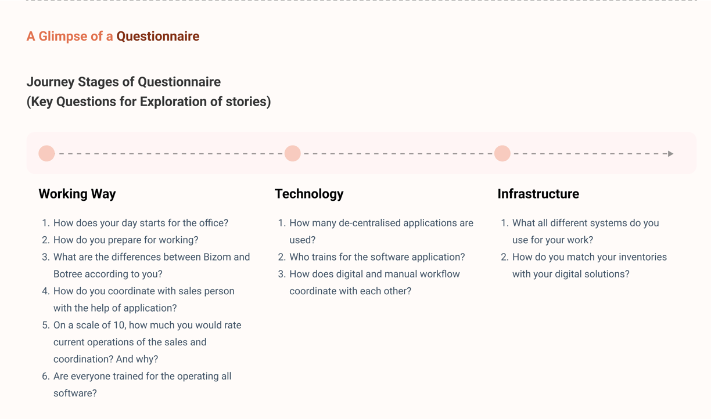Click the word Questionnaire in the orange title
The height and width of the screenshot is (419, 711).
click(158, 37)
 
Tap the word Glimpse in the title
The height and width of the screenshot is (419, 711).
click(63, 37)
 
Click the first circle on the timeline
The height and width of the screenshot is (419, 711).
click(46, 154)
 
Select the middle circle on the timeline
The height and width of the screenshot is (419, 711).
click(292, 154)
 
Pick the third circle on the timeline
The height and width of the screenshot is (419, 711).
click(502, 154)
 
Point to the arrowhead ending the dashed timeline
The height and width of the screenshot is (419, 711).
click(670, 154)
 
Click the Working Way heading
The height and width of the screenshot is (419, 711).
click(77, 194)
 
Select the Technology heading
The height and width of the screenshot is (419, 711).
click(309, 194)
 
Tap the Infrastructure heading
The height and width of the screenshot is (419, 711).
click(538, 194)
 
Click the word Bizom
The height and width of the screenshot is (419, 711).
click(217, 257)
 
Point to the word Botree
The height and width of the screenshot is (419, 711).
click(67, 274)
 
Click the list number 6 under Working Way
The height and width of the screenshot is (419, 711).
click(46, 377)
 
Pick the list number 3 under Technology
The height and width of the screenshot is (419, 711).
click(282, 274)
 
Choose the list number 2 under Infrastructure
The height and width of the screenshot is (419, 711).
click(505, 257)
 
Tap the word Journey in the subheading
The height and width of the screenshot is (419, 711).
click(51, 82)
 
